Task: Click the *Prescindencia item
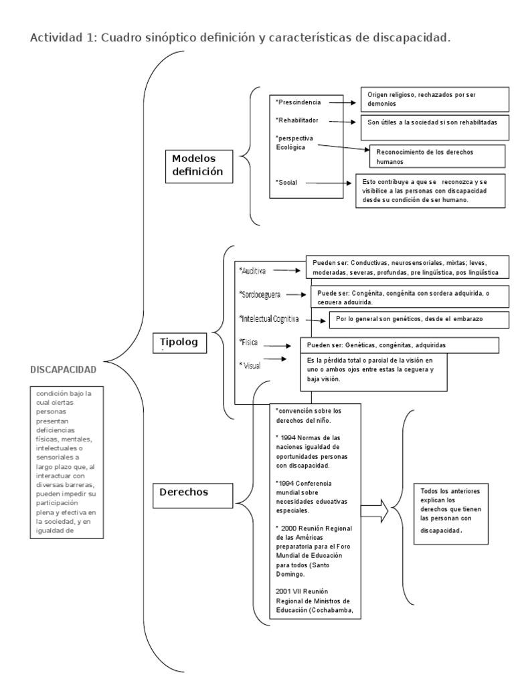point(298,102)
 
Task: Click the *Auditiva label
point(253,271)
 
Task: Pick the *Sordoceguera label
point(260,294)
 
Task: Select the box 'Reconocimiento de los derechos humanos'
point(436,157)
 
